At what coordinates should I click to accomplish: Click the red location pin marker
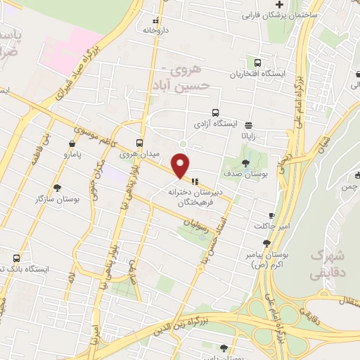[181, 165]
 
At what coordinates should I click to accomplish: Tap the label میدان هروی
[136, 153]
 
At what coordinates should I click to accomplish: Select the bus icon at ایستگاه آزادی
[215, 112]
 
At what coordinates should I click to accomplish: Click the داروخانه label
[155, 31]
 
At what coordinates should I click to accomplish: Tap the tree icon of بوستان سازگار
[57, 188]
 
